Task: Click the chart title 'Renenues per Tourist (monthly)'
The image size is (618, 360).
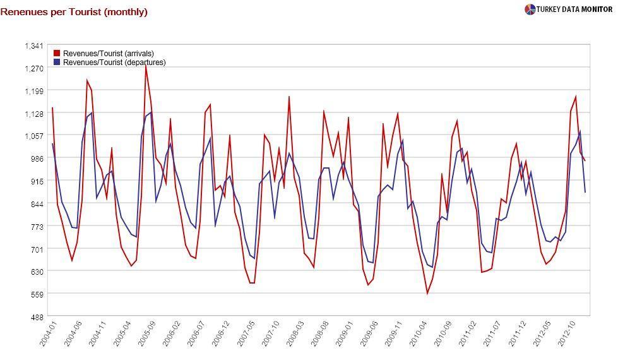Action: coord(74,12)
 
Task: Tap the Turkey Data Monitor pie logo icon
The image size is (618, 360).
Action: coord(530,9)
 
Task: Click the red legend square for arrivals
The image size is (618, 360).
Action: coord(57,54)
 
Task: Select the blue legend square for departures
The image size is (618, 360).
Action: coord(57,63)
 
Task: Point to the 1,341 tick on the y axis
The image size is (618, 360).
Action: coord(33,45)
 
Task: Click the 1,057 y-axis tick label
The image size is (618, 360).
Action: coord(33,136)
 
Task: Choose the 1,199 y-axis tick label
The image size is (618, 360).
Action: coord(33,91)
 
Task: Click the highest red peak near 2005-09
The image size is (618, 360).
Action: coord(146,65)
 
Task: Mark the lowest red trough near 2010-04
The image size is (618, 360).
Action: coord(427,294)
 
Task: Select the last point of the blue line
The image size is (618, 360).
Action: coord(585,192)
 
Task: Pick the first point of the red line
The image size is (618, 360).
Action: coord(52,108)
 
